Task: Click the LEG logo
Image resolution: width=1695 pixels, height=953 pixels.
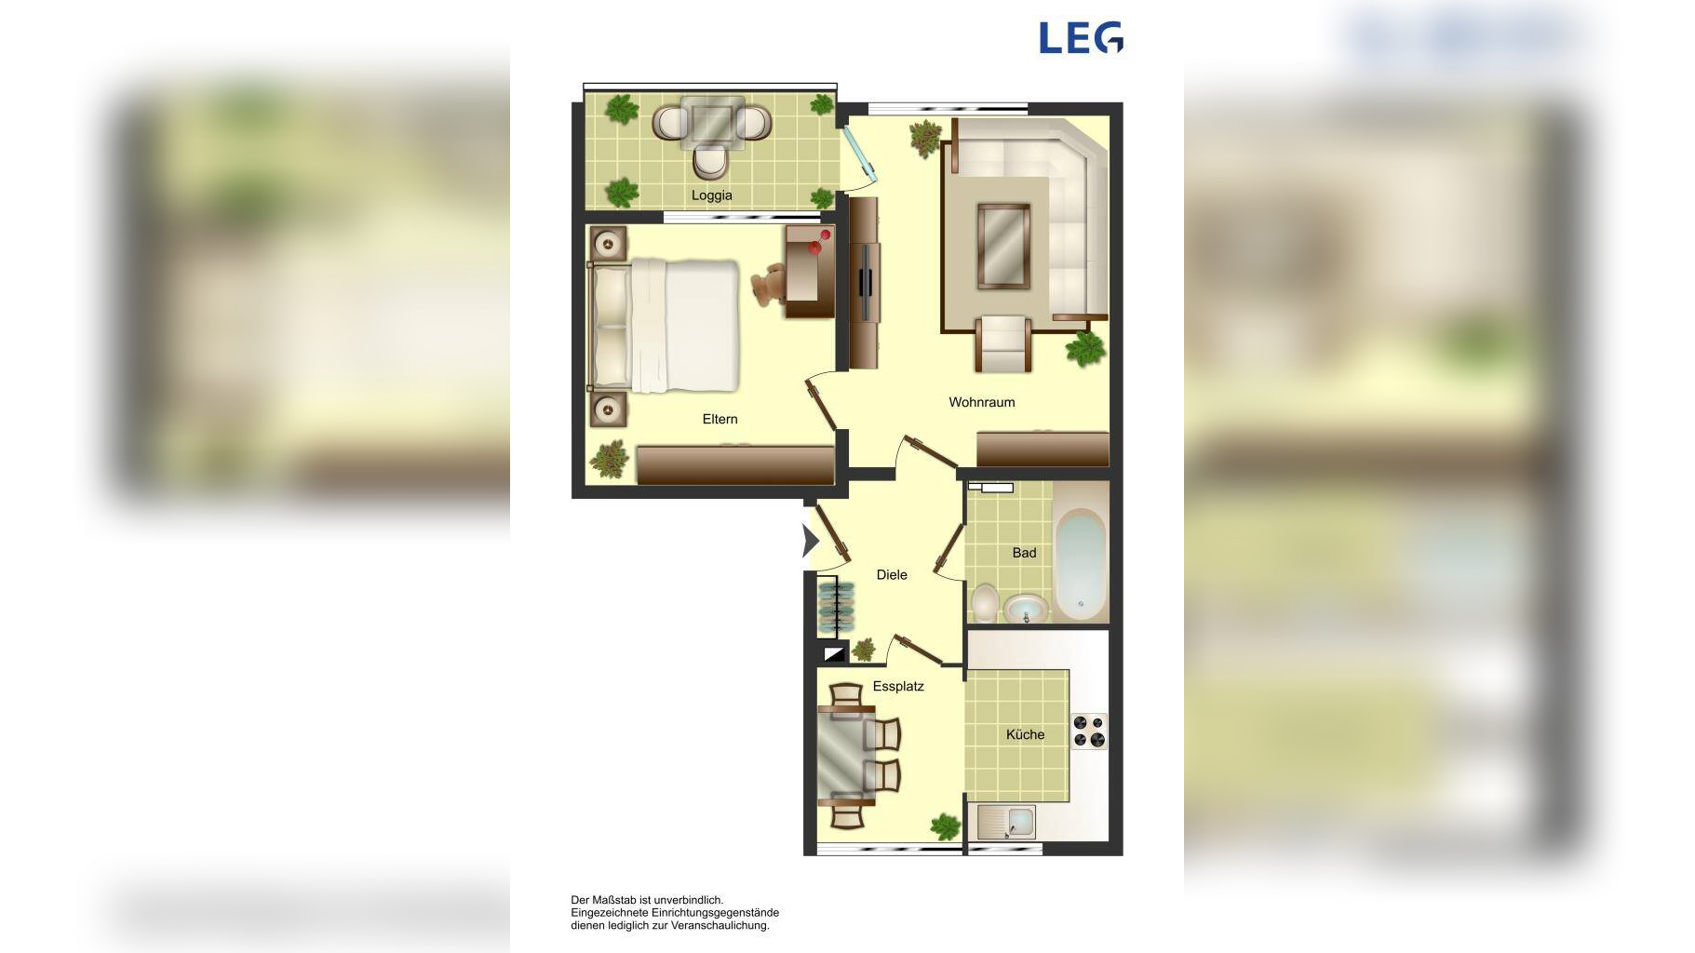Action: tap(1081, 38)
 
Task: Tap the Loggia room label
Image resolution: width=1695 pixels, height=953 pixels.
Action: tap(711, 195)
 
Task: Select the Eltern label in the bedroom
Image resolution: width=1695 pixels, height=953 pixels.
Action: tap(720, 419)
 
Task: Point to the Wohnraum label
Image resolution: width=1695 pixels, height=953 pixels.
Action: tap(981, 402)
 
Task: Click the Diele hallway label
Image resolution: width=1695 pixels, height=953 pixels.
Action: tap(892, 574)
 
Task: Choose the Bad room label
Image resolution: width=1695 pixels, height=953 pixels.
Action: tap(1024, 553)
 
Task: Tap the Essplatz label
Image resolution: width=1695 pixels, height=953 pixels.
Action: tap(898, 686)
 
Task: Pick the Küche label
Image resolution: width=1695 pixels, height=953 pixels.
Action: tap(1025, 734)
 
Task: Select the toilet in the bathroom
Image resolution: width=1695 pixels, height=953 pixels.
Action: tap(984, 602)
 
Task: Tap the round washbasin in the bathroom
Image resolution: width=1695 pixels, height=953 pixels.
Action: tap(1026, 610)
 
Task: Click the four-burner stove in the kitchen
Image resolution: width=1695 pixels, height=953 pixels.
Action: tap(1088, 731)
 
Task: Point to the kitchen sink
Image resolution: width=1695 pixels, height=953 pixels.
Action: tap(1006, 823)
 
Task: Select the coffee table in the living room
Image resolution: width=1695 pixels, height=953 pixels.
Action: tap(1003, 246)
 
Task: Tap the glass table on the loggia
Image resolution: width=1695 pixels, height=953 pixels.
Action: tap(712, 123)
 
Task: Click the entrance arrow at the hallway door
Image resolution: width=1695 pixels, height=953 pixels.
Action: tap(810, 541)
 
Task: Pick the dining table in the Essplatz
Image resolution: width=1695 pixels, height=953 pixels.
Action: tap(845, 755)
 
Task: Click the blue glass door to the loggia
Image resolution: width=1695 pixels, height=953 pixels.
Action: tap(860, 151)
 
